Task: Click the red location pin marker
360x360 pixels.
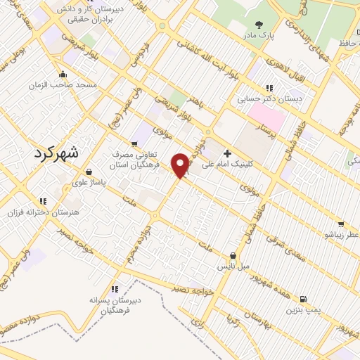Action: tap(181, 165)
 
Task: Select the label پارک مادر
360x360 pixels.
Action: tap(258, 34)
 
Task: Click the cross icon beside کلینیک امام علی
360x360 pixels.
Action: tap(226, 153)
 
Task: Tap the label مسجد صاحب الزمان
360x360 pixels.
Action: tap(56, 85)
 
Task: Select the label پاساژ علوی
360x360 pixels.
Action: tap(88, 182)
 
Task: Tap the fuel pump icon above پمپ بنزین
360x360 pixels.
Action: tap(304, 300)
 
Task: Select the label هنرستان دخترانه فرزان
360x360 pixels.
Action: tap(39, 212)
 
